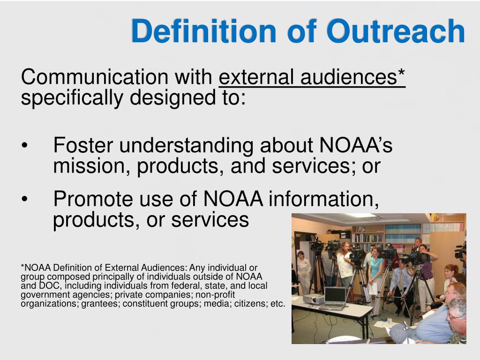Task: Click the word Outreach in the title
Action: click(395, 31)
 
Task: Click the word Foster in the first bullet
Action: click(83, 145)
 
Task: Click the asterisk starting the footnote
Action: click(22, 267)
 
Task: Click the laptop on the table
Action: click(335, 297)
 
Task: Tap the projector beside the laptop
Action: click(313, 299)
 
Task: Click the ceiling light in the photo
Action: click(359, 216)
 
